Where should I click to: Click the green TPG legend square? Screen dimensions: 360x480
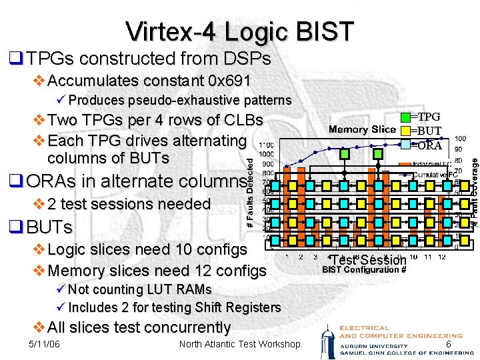[x=406, y=118]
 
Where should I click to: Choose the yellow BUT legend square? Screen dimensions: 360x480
[x=406, y=131]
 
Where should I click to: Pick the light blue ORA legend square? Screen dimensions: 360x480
[x=406, y=145]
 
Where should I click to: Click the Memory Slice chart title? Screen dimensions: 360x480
[x=362, y=129]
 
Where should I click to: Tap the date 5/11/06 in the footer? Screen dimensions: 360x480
[x=45, y=344]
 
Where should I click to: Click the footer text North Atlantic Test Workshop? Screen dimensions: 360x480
[x=240, y=344]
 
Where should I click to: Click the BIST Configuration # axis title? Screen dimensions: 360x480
[x=363, y=270]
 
